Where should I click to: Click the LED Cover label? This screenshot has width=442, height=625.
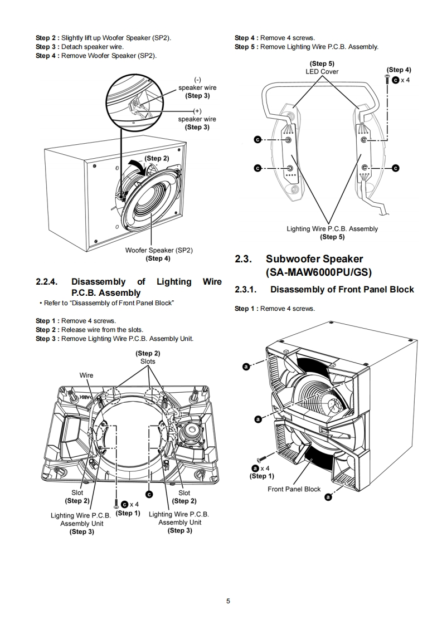[322, 71]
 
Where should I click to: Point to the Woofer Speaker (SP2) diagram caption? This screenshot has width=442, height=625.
[159, 250]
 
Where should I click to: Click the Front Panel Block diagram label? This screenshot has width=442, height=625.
[294, 489]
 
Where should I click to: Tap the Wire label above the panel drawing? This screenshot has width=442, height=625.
[86, 375]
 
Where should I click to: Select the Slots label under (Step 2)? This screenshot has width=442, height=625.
[148, 361]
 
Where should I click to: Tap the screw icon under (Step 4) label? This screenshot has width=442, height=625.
[387, 80]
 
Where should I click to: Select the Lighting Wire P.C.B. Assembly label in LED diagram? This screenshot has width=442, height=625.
[332, 228]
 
